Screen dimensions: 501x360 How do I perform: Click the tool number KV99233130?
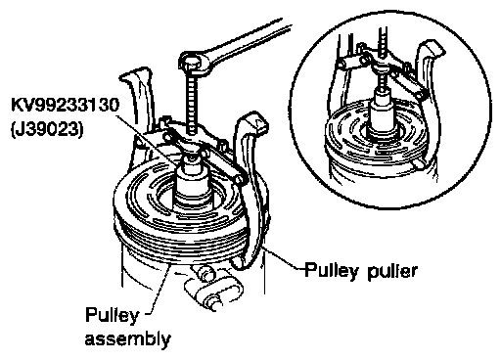(65, 106)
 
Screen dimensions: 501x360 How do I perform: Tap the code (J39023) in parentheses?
(47, 130)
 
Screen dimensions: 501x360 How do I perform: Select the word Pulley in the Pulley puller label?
(332, 271)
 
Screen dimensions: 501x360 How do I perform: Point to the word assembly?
(128, 339)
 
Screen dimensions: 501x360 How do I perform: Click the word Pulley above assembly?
(113, 316)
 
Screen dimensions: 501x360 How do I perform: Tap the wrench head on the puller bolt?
(193, 63)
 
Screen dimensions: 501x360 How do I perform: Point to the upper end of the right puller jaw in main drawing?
(253, 120)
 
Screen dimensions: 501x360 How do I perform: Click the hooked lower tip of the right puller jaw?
(238, 263)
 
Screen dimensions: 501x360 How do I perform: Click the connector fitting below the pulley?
(212, 287)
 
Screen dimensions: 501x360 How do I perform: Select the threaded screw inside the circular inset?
(383, 59)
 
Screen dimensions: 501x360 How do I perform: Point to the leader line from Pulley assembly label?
(159, 291)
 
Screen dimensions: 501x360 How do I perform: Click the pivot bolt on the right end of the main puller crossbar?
(239, 179)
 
